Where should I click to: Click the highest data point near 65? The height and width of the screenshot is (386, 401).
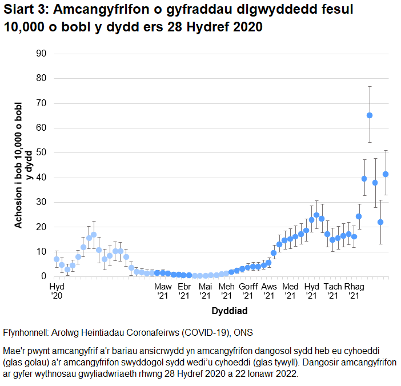370,115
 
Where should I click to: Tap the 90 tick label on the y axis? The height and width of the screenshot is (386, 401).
41,54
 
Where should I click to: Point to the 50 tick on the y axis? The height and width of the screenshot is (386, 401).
41,152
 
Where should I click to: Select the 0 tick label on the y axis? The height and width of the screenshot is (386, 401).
43,276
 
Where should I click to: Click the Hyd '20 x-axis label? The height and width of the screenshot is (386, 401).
57,291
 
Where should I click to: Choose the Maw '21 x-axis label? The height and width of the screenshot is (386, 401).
163,291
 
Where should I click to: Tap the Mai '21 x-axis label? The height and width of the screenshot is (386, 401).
205,291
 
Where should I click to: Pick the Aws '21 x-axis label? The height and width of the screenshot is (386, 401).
269,291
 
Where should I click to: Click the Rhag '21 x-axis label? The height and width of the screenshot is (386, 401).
354,291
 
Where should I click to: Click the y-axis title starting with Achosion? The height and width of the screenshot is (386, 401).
22,166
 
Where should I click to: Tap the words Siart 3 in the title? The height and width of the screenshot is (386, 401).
26,10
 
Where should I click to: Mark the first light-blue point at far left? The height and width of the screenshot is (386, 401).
57,259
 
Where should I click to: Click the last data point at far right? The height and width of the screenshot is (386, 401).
386,174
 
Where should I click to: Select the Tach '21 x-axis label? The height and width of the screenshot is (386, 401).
332,291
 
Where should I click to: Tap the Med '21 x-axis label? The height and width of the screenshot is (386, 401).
290,291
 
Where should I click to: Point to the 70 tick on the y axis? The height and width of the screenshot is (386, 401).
41,103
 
